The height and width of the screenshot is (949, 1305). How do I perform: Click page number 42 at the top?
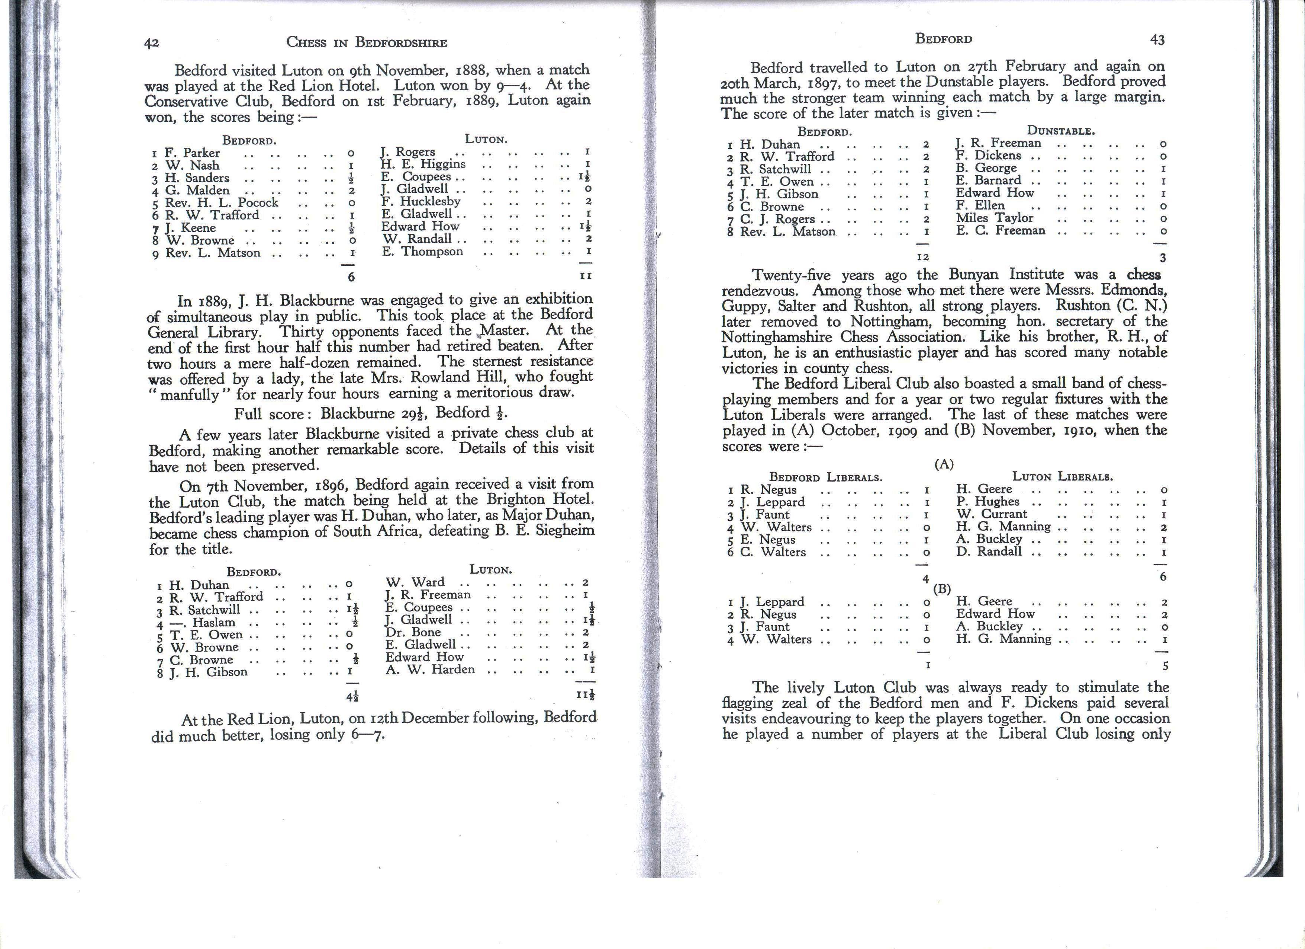[151, 43]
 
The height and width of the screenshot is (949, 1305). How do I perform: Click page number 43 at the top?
[1157, 40]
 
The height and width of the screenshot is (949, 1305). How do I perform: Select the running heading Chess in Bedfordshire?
[367, 42]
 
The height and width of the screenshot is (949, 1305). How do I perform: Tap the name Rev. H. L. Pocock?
[222, 203]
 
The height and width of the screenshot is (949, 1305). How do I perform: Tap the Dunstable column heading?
[1060, 131]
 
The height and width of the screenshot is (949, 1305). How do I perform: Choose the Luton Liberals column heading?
[1062, 477]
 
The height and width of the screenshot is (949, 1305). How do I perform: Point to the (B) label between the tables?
[942, 588]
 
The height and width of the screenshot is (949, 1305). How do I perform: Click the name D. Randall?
[989, 551]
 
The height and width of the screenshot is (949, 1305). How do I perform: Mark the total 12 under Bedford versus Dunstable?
[922, 257]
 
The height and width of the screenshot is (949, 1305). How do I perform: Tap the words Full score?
[273, 414]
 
